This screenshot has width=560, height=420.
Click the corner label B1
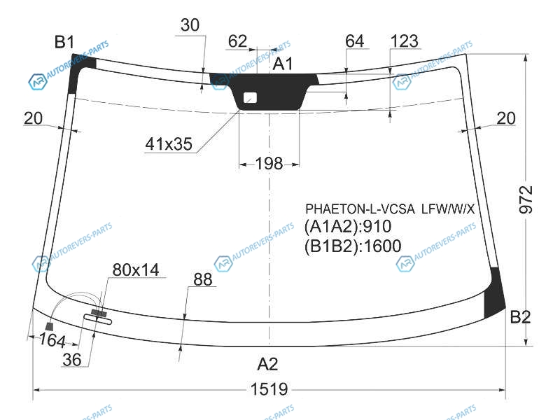coord(64,42)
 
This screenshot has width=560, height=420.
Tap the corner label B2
coord(520,317)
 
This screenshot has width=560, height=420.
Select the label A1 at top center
coord(283,64)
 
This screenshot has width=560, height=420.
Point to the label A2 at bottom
coord(267,364)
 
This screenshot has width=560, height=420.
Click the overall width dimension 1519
coord(269,389)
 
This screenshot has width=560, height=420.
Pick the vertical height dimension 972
coord(526,199)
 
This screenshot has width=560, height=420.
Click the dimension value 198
coord(269,164)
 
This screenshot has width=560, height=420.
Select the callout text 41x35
coord(169,144)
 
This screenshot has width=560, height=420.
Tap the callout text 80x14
coord(136,269)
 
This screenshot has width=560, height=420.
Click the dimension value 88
coord(202,279)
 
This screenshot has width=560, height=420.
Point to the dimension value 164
coord(52,340)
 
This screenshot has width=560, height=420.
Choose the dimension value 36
coord(72,360)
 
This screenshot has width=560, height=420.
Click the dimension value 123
coord(405,41)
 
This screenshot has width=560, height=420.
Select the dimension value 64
coord(355,41)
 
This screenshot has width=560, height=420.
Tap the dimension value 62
coord(237,41)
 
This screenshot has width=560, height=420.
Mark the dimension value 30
coord(190,25)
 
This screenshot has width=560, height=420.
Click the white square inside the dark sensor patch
coord(250,97)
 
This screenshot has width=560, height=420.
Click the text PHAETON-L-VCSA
coord(360,209)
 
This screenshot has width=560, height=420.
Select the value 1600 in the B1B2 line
coord(382,246)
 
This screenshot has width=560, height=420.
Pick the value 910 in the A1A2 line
coord(377,226)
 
